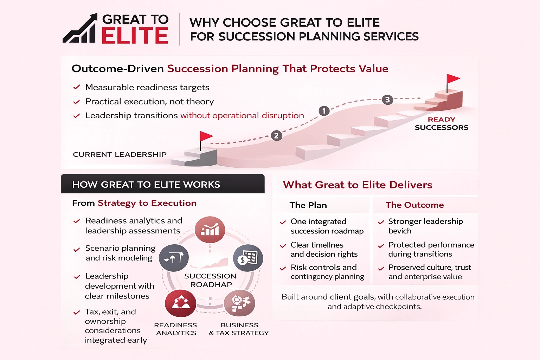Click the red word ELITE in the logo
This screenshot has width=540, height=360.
[135, 36]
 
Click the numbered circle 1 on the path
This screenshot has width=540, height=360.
[324, 111]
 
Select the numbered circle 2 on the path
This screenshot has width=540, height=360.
[276, 136]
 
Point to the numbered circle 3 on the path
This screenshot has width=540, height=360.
[387, 99]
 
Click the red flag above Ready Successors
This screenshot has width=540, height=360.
[452, 80]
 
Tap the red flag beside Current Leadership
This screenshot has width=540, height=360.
[206, 137]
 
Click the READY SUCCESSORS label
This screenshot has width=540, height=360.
[441, 123]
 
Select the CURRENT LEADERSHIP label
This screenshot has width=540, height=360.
[120, 154]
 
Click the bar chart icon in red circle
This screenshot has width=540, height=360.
[210, 230]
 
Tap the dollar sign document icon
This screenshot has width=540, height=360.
[248, 258]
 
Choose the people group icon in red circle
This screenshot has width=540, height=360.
[181, 303]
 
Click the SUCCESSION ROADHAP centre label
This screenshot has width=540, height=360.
[210, 280]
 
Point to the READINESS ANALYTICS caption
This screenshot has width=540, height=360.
[176, 329]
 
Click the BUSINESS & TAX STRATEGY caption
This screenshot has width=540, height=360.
[239, 329]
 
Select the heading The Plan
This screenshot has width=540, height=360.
[308, 205]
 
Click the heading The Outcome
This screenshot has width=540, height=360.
[414, 205]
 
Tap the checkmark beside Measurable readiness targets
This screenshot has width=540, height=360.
[76, 87]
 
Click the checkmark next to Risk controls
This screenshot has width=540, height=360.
[283, 269]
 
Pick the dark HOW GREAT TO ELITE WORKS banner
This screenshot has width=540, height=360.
[162, 184]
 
